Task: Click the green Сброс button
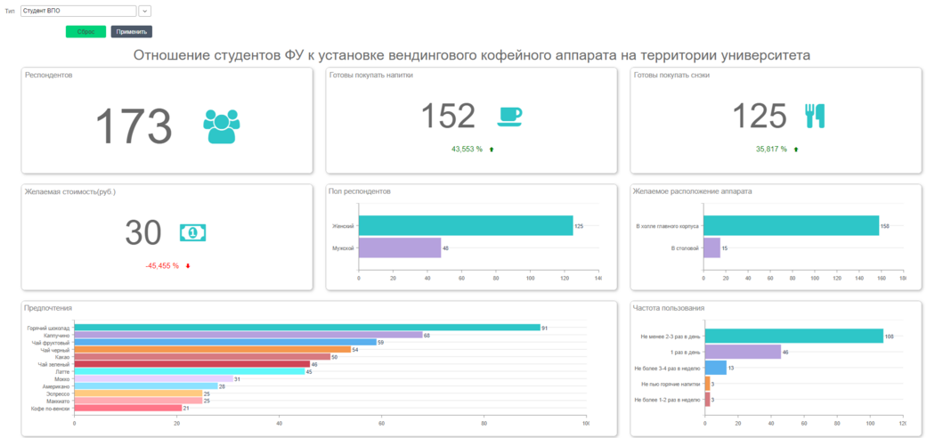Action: tap(85, 31)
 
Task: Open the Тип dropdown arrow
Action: tap(145, 12)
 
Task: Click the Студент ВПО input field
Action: tap(77, 12)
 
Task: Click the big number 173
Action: tap(133, 126)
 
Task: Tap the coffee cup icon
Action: tap(509, 116)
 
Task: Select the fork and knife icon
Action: tap(815, 116)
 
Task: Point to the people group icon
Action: tap(221, 126)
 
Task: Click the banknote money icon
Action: tap(193, 232)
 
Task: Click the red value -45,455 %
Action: tap(162, 265)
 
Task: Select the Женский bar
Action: tap(466, 226)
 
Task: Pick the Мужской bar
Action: tap(400, 247)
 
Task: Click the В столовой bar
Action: tap(711, 247)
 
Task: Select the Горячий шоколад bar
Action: tap(307, 328)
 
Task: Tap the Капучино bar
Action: tap(248, 335)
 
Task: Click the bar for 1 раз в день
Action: tap(743, 352)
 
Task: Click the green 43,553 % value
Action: tap(467, 149)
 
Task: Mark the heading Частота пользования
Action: tap(669, 308)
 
